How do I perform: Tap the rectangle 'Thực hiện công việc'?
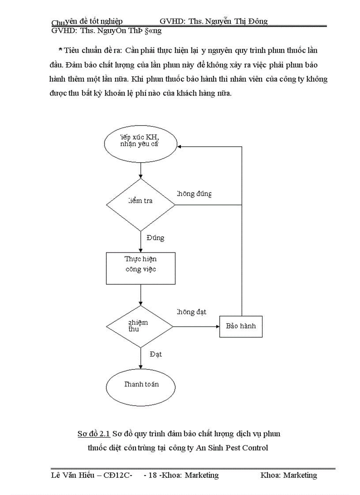[x=140, y=268]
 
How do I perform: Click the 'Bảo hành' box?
[x=241, y=327]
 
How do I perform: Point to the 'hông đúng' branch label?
[x=194, y=194]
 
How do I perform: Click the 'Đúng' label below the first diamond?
[x=155, y=238]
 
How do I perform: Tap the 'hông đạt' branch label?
[x=192, y=312]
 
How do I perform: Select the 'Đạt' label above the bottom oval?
[x=156, y=354]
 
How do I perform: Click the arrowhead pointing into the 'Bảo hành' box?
[x=217, y=327]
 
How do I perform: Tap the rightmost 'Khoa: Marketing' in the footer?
[x=289, y=475]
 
